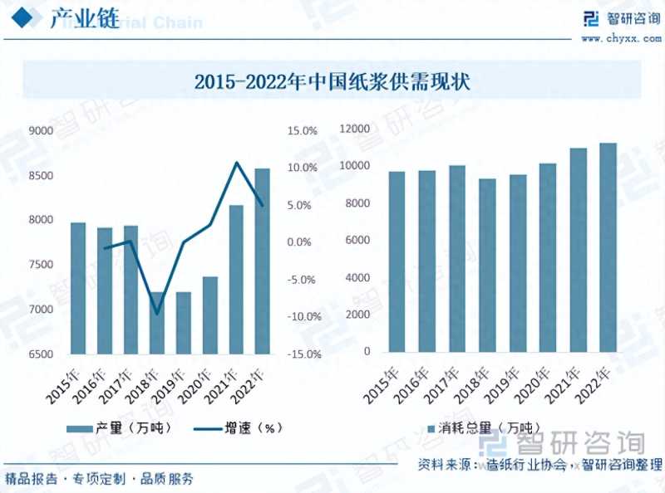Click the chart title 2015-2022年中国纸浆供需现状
pos(332,83)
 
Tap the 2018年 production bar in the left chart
pos(158,323)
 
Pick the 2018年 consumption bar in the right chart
pos(488,265)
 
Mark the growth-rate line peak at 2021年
pos(237,163)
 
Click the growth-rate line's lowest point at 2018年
pos(158,314)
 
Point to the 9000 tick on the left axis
pos(41,130)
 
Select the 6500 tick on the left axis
pos(41,354)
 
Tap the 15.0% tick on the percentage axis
pos(302,130)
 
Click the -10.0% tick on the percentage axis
pos(302,317)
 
